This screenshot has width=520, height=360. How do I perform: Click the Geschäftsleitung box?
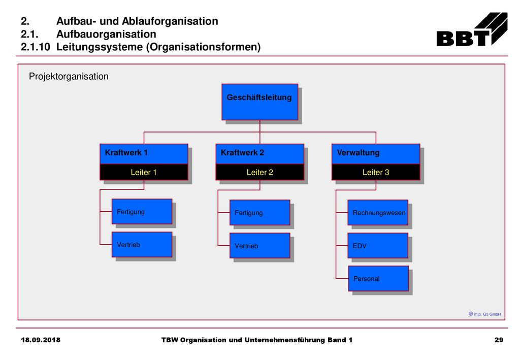click(x=259, y=102)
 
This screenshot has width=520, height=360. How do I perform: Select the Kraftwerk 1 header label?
click(x=126, y=153)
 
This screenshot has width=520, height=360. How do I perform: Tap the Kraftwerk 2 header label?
click(x=242, y=153)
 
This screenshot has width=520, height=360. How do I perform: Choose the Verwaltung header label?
click(x=358, y=153)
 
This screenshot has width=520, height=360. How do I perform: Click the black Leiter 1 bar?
click(x=144, y=172)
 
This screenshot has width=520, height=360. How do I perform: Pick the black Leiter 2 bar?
click(x=259, y=172)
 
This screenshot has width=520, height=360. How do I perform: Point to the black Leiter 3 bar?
click(x=376, y=172)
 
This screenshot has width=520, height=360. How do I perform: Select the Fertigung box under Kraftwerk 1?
click(x=142, y=212)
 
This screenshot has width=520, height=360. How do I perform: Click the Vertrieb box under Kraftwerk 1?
click(x=142, y=245)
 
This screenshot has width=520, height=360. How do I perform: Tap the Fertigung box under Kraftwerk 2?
click(x=259, y=212)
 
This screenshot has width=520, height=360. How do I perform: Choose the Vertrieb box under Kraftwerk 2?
click(x=259, y=246)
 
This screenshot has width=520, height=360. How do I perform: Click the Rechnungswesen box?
click(x=378, y=212)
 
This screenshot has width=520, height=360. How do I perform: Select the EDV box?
click(x=378, y=246)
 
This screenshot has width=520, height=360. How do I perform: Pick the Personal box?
click(x=378, y=278)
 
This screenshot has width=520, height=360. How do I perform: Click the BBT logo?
click(x=472, y=29)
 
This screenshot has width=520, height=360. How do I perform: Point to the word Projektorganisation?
click(x=69, y=77)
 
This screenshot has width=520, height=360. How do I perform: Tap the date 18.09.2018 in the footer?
click(x=41, y=340)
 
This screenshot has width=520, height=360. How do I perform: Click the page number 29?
click(x=499, y=340)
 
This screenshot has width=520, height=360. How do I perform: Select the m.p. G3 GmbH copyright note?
click(x=484, y=314)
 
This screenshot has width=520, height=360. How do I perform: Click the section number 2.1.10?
click(x=35, y=47)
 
